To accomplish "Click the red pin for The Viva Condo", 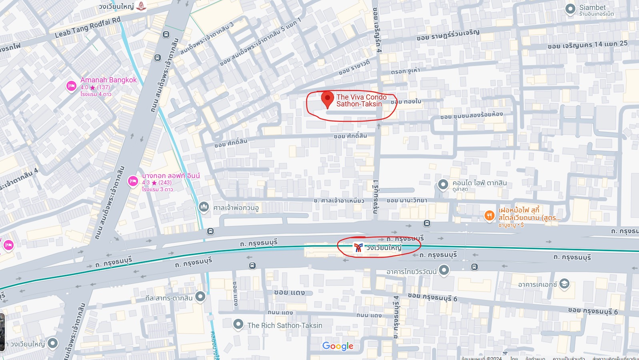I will click(327, 99).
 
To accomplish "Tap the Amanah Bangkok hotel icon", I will click(71, 86).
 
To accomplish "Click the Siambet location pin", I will click(570, 9).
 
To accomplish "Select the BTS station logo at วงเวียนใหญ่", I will click(358, 248).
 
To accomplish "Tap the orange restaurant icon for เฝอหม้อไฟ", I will click(489, 216).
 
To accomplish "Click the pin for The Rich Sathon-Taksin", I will click(238, 324).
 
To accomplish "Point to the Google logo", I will click(338, 346).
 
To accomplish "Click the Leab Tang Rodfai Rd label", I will click(87, 28).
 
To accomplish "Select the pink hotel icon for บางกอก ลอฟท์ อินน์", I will click(133, 181).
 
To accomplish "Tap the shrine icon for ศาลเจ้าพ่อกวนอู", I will click(204, 207).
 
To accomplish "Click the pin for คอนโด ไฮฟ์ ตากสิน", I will click(443, 184).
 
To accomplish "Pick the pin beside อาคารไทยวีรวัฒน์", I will click(444, 270).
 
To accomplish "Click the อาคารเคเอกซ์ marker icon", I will click(564, 284).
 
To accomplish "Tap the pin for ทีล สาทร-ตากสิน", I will click(200, 297).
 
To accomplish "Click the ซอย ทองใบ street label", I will click(406, 102).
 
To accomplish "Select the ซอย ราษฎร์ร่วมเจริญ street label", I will click(448, 35).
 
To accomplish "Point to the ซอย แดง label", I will click(289, 292).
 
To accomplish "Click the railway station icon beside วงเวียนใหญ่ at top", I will click(141, 6).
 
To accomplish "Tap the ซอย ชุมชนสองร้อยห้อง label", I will click(471, 115).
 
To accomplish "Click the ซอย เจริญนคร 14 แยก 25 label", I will click(587, 45).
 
